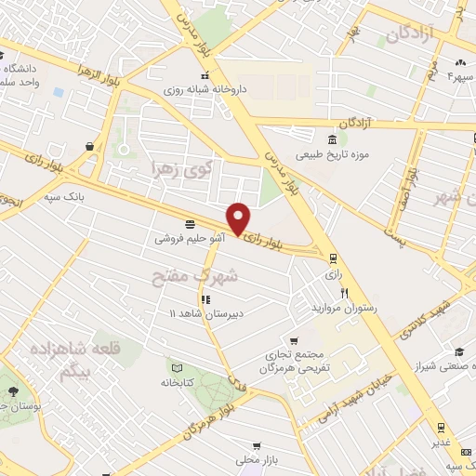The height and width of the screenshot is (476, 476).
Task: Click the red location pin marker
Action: [x=239, y=218]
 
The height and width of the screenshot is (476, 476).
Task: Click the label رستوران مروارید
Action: [x=344, y=307]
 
